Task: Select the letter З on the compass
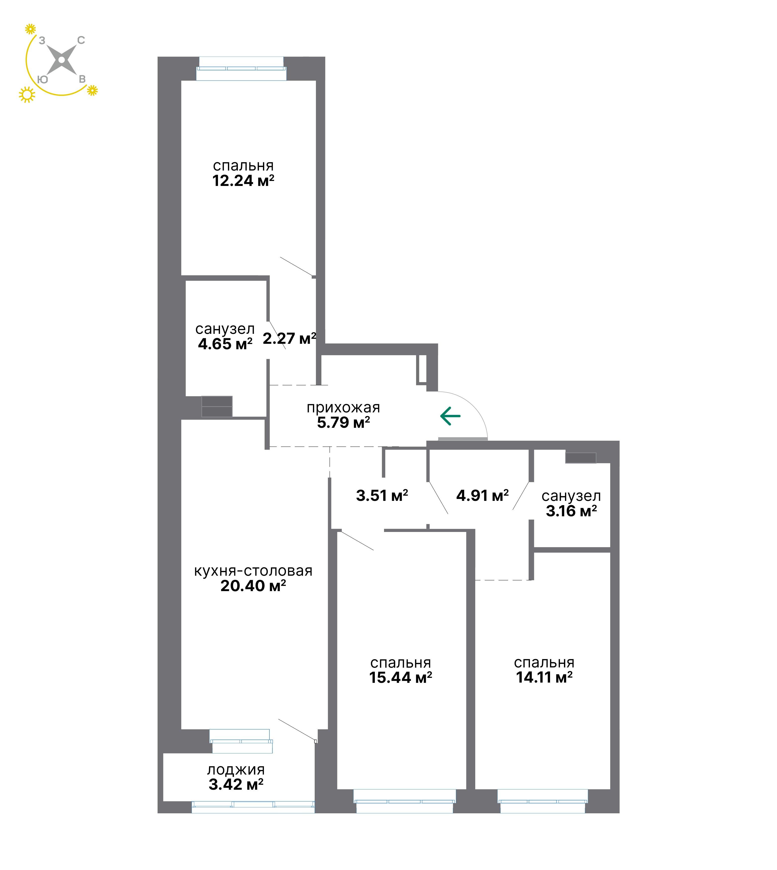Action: [x=42, y=41]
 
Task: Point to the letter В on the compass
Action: [x=82, y=79]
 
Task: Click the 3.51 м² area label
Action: [x=382, y=496]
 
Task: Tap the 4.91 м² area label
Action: [x=482, y=496]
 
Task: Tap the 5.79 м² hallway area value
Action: [x=343, y=423]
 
